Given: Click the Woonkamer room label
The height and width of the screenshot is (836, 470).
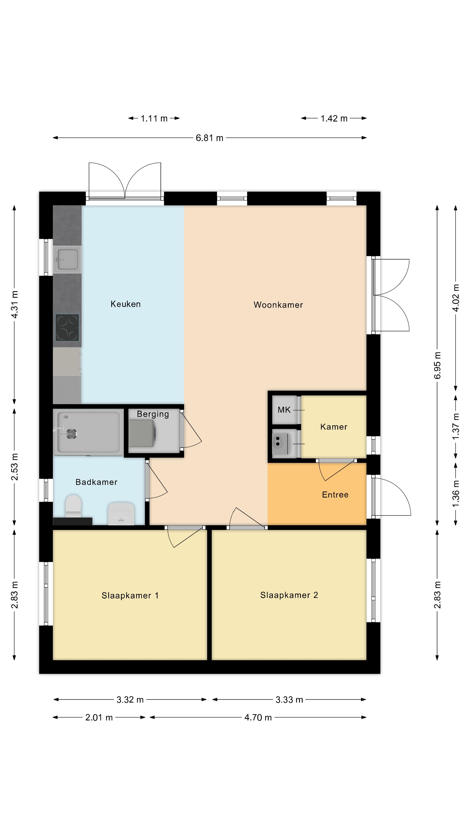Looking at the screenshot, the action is click(278, 305).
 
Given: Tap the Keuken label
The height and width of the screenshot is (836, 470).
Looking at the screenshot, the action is click(126, 304).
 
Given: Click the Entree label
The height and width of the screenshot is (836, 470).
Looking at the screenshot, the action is click(335, 495).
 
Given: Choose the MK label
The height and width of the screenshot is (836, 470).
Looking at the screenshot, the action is click(284, 410).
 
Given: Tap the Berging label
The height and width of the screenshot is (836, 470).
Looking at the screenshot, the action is click(153, 414).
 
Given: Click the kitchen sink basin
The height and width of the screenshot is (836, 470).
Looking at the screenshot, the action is click(67, 259).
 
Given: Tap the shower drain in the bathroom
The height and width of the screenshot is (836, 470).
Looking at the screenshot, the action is click(71, 434).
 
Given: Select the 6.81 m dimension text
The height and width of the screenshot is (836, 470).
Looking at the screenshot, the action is click(210, 138).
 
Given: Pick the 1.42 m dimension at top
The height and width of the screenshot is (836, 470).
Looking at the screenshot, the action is click(334, 118).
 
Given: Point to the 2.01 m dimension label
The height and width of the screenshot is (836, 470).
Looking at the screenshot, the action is click(99, 717).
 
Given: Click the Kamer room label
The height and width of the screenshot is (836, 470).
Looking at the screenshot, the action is click(334, 427).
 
